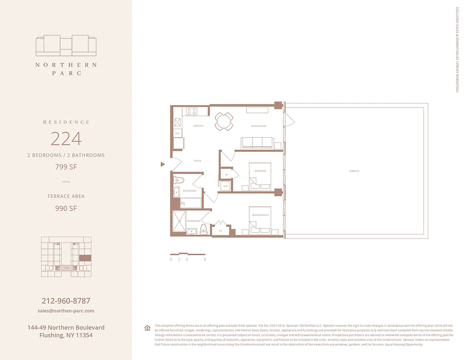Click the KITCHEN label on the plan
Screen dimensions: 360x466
tap(199, 126)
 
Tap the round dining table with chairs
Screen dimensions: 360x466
tap(224, 121)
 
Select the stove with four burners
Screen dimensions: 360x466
tap(191, 111)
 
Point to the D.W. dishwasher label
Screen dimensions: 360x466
tap(177, 134)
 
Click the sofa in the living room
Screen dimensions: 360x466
tap(257, 143)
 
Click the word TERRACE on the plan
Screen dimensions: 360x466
tap(354, 171)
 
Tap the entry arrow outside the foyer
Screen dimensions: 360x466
tap(163, 165)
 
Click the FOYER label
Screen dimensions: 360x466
tap(197, 161)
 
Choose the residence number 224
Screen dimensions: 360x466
tap(66, 139)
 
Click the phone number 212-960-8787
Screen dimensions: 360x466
tap(66, 301)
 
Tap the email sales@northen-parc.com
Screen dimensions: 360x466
tap(66, 311)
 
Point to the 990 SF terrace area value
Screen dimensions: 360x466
tap(66, 208)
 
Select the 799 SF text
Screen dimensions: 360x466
tap(66, 167)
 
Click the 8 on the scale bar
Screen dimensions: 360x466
tap(205, 260)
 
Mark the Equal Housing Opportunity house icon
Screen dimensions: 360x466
tap(147, 328)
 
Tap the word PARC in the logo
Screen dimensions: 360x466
tap(66, 73)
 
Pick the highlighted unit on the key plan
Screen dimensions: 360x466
tap(85, 258)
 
